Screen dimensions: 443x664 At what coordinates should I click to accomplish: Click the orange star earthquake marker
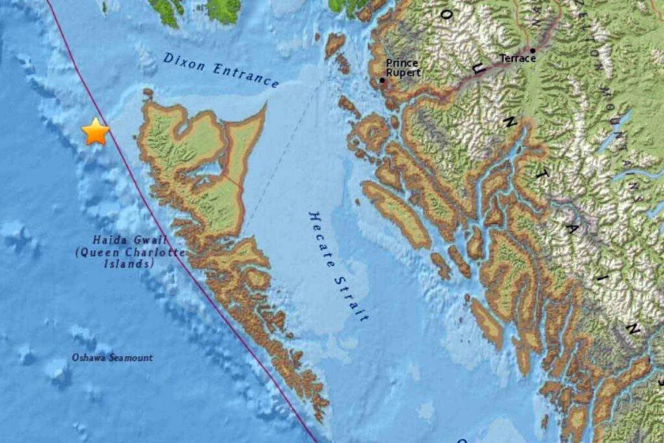(x=95, y=132)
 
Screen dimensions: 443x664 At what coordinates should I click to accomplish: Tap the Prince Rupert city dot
(x=383, y=81)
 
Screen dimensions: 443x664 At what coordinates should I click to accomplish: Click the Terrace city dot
(x=532, y=50)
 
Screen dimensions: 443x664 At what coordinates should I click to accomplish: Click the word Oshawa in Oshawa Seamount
(x=89, y=357)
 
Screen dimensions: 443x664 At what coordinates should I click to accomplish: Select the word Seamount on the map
(x=130, y=357)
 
